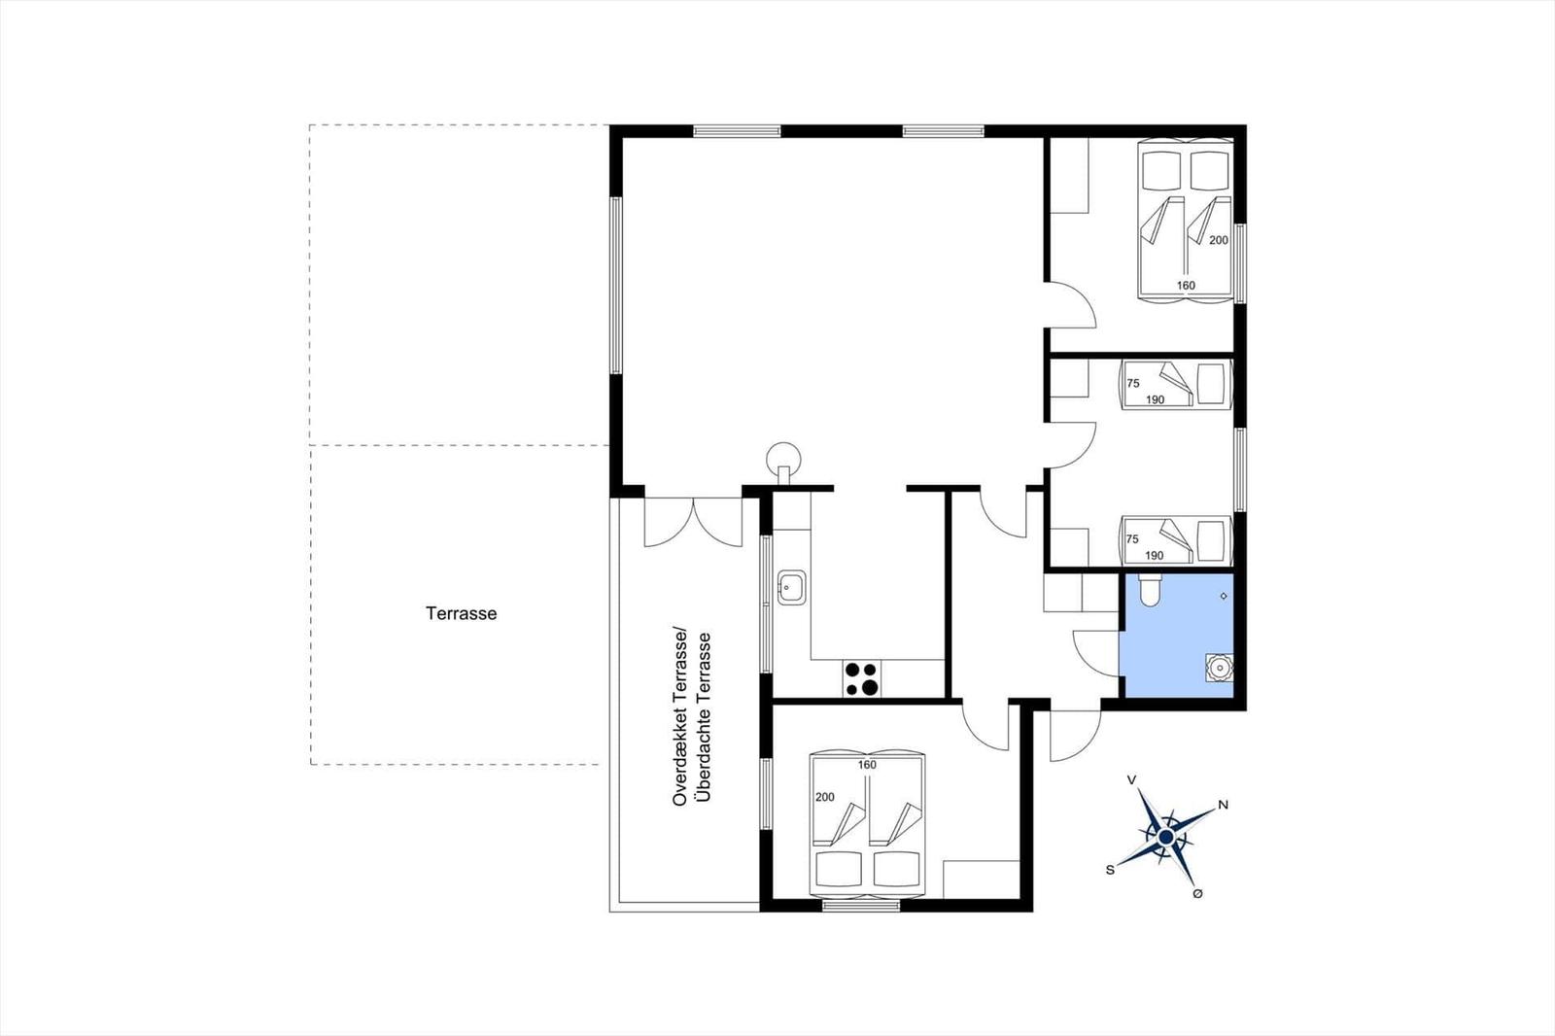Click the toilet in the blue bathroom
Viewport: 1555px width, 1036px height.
1150,590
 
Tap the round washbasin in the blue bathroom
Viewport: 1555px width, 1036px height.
1219,668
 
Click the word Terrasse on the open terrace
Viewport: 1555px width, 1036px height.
461,614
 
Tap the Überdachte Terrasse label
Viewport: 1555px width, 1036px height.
705,716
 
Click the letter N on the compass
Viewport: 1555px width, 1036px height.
1224,805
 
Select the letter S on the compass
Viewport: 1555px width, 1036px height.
1110,870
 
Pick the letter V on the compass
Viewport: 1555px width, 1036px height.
1131,780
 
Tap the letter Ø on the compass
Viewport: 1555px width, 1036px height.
1197,894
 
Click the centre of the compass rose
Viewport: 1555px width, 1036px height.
1166,838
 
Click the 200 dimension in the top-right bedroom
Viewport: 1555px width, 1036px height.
1219,240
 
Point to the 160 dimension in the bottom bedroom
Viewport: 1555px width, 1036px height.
867,765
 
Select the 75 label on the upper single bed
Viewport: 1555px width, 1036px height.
1133,383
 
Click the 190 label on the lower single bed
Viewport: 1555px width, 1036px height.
1154,556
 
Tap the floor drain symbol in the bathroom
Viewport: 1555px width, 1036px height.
1224,597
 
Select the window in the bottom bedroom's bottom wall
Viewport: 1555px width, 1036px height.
861,906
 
